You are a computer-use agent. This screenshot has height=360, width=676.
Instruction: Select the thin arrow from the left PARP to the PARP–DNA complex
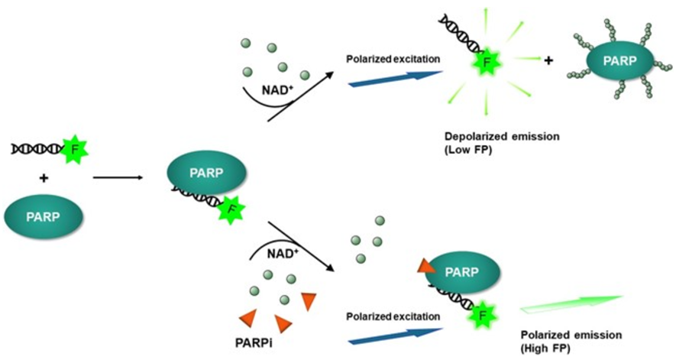[118, 178]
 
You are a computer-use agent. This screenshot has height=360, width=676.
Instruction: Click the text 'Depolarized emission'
[502, 137]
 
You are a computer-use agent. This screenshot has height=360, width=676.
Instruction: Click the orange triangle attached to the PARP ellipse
[425, 266]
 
